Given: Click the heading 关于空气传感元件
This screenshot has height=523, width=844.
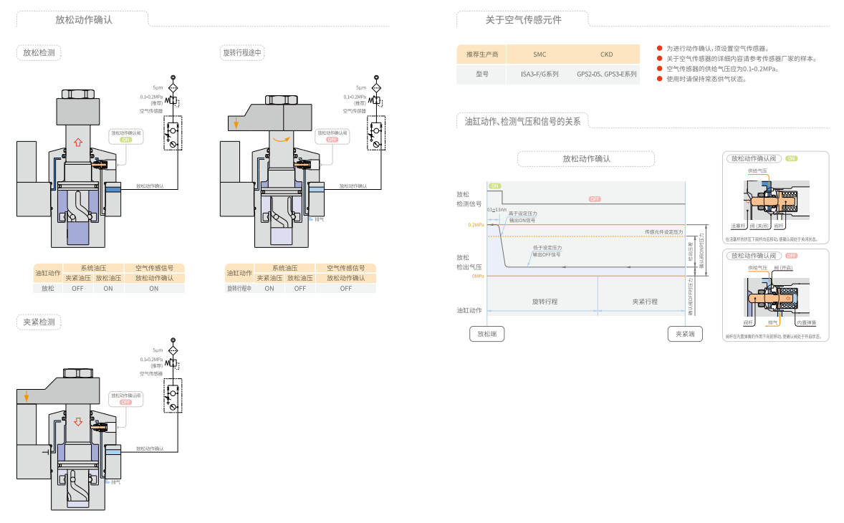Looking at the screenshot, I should (x=523, y=20).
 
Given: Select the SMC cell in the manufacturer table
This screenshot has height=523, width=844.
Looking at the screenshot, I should (x=540, y=54).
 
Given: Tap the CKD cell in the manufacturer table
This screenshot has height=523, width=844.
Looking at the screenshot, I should (x=606, y=54).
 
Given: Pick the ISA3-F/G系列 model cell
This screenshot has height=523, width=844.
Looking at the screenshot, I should (x=540, y=74).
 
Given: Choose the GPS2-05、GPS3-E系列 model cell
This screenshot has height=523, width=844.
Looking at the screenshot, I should (x=606, y=74).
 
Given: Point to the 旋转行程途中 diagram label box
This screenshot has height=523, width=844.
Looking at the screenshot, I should (x=243, y=52).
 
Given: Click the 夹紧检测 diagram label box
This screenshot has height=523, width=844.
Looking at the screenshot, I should (x=39, y=322).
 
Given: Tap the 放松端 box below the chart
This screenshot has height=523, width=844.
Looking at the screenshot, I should (x=487, y=334).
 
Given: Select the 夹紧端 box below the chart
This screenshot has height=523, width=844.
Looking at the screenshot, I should (x=685, y=334).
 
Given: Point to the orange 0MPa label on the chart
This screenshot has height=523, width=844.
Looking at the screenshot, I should (x=478, y=277).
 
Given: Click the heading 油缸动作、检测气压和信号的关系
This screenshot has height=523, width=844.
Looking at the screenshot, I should (x=522, y=121).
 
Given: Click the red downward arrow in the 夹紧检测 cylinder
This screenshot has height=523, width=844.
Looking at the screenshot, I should (x=78, y=421).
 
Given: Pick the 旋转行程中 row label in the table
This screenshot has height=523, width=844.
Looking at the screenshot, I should (x=239, y=289).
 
